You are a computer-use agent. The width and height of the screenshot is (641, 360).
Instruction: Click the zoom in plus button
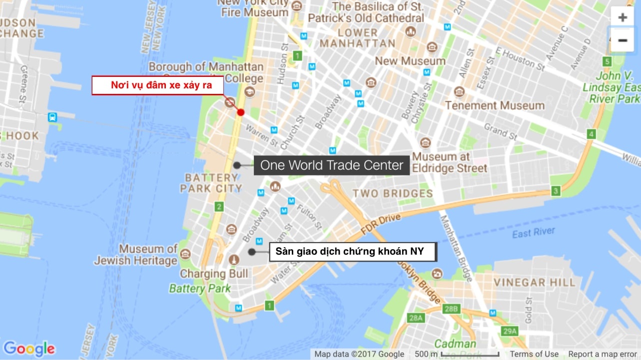622,17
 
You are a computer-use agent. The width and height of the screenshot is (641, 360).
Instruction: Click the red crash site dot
241,112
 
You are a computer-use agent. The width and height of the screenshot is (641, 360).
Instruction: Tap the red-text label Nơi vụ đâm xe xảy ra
161,85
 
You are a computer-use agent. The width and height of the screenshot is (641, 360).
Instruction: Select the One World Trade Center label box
331,165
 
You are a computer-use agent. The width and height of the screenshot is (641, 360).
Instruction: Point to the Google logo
29,349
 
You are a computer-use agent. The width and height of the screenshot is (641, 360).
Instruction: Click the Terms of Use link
534,354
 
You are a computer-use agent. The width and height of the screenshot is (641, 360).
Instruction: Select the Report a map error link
603,354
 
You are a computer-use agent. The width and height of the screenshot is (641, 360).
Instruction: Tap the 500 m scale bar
470,354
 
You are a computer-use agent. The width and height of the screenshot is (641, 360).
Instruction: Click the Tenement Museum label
495,105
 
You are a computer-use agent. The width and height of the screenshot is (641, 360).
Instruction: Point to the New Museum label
410,61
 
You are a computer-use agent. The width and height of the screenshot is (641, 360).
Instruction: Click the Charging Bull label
214,274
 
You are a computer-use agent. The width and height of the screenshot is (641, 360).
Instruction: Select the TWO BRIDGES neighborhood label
393,193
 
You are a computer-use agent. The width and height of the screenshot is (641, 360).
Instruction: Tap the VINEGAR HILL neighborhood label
535,282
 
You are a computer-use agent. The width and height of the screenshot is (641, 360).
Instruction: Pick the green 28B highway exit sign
451,309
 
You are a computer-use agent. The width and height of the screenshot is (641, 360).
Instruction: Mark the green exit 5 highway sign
607,61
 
